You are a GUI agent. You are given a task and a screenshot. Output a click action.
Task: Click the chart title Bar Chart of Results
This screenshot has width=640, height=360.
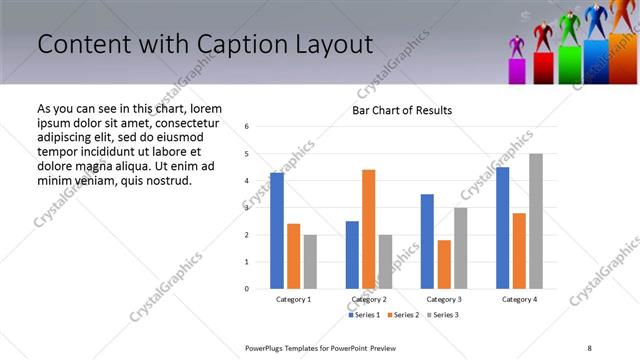click(x=401, y=110)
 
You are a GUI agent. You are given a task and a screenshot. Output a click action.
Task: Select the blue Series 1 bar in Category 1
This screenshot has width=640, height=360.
click(x=277, y=231)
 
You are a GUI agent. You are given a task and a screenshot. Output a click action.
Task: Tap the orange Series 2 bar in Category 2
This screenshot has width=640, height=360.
click(x=368, y=229)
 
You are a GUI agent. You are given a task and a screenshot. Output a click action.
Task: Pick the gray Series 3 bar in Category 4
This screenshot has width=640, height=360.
click(x=536, y=221)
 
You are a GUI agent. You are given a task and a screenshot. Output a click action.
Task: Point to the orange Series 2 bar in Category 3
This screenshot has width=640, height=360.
click(x=444, y=264)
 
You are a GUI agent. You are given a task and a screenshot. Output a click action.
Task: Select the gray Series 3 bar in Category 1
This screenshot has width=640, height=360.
click(x=310, y=261)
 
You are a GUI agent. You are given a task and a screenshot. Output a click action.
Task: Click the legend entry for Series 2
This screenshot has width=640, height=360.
click(x=402, y=315)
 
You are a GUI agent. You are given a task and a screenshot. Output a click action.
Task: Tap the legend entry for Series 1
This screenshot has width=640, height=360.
click(x=364, y=315)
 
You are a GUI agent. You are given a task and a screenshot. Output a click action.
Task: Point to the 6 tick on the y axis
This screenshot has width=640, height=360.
click(x=247, y=127)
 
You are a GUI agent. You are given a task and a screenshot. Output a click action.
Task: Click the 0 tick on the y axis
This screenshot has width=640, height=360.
click(x=247, y=289)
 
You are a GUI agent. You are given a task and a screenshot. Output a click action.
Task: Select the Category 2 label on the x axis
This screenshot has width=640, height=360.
click(x=368, y=300)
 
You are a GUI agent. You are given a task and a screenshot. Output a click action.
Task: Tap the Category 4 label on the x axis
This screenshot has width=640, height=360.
click(x=519, y=300)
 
